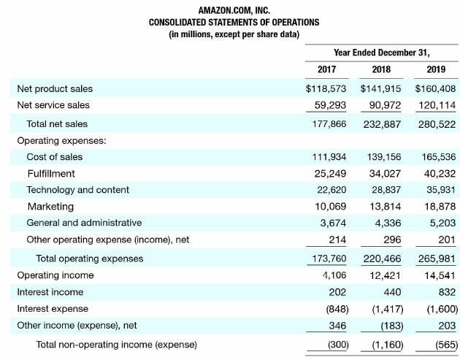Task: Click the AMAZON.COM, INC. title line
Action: click(x=234, y=10)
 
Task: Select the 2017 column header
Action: click(x=326, y=69)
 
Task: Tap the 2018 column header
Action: click(x=381, y=69)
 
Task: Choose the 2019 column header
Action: click(x=436, y=69)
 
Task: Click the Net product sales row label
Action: click(x=55, y=88)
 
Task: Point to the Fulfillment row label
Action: click(x=51, y=174)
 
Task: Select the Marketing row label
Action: click(x=50, y=207)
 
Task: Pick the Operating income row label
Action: click(x=55, y=275)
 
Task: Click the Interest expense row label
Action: click(x=53, y=309)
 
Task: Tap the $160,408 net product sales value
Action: click(x=435, y=88)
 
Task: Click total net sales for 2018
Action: click(x=382, y=124)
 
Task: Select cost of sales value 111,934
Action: click(x=329, y=157)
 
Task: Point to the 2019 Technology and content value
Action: click(x=441, y=190)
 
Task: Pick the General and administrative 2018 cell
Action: click(x=388, y=223)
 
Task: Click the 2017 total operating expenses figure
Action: click(x=329, y=258)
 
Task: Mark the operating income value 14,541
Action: click(x=440, y=275)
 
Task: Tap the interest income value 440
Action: click(x=392, y=292)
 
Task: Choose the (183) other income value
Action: click(x=391, y=326)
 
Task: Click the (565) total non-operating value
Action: click(x=447, y=345)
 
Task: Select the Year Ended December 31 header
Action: click(x=382, y=53)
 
